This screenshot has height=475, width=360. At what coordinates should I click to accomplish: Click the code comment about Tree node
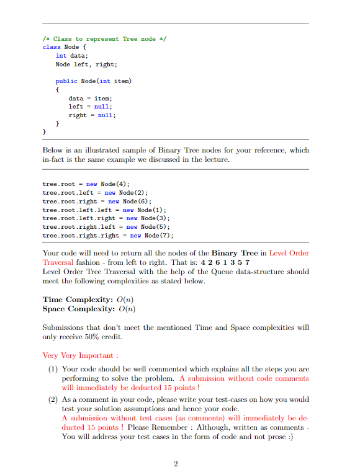point(105,38)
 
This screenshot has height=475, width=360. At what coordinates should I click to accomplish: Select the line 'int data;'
point(72,55)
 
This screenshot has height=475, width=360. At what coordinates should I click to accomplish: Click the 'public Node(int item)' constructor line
point(94,81)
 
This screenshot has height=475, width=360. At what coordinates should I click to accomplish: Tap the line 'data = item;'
point(90,98)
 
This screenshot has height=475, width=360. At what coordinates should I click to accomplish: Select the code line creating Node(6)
point(97,201)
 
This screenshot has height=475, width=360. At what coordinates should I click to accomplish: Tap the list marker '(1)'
point(53,369)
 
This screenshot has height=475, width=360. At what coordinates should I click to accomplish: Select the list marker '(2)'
point(53,400)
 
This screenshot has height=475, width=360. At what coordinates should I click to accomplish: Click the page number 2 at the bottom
point(176,463)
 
